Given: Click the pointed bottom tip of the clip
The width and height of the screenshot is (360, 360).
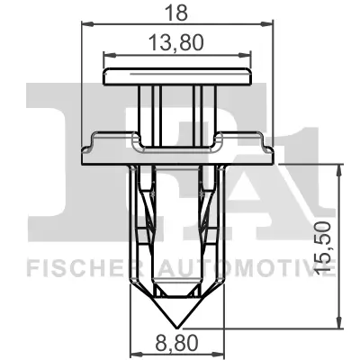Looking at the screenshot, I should [176, 326].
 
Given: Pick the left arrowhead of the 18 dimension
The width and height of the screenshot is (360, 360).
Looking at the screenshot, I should [86, 25].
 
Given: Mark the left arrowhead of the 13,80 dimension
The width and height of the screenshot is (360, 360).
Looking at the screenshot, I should [108, 56].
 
